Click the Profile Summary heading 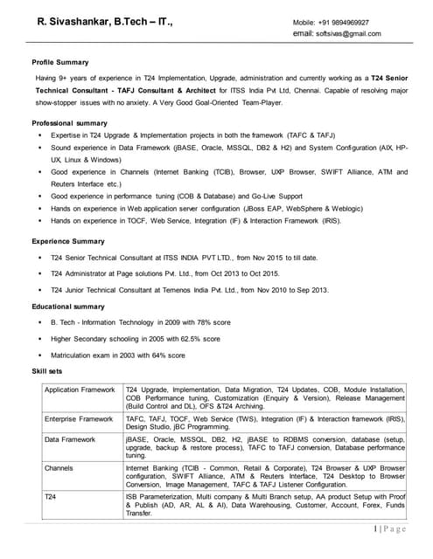(x=60, y=63)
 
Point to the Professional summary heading (x=69, y=124)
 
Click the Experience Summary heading (x=68, y=240)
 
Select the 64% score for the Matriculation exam (x=161, y=355)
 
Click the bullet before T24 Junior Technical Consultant (x=40, y=289)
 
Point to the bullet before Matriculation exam (x=40, y=355)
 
